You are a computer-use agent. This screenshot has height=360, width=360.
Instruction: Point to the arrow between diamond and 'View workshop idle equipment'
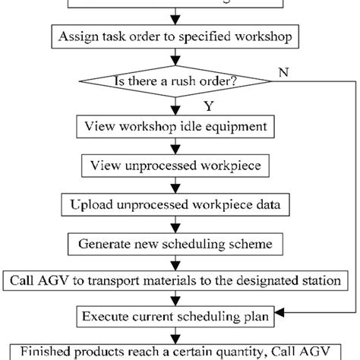176,106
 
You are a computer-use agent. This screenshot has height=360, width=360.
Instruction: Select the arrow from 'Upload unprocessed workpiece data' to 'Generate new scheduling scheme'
176,224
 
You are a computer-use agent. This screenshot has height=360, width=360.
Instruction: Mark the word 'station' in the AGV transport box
319,281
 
